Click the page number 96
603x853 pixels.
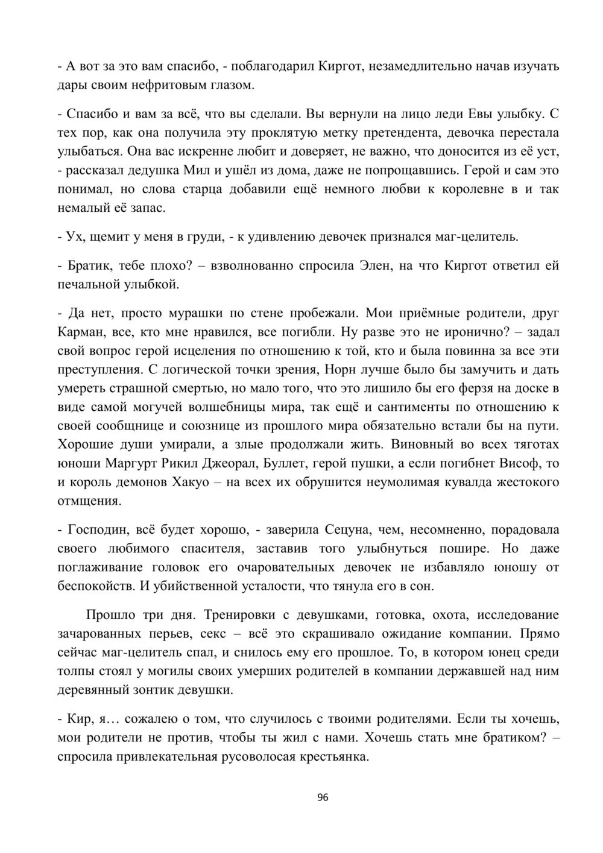(322, 798)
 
